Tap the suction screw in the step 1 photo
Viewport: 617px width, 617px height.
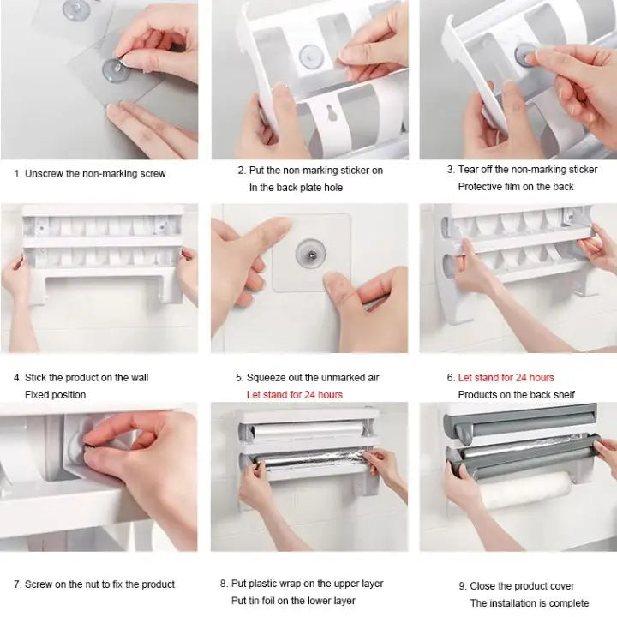coord(115,71)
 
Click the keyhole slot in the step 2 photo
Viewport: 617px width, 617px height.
coord(332,113)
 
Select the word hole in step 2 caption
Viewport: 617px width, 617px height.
coord(333,188)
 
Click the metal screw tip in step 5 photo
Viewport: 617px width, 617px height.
coord(311,255)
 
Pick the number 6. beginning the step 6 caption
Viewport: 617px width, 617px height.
coord(451,378)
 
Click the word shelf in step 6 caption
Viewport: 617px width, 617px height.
coord(563,395)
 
